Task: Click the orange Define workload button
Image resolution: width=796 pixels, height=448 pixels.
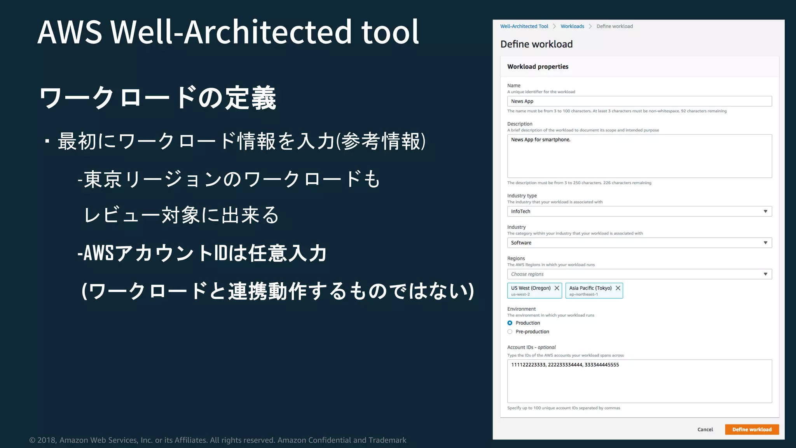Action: pyautogui.click(x=752, y=429)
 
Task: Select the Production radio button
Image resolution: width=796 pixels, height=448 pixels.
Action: pyautogui.click(x=510, y=323)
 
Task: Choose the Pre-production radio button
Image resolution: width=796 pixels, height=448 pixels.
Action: pyautogui.click(x=510, y=332)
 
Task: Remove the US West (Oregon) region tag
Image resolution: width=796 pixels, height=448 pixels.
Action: pyautogui.click(x=557, y=288)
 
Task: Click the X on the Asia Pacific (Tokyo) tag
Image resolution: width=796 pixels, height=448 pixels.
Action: pyautogui.click(x=618, y=288)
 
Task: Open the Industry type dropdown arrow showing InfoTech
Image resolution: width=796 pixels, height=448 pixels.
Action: pyautogui.click(x=765, y=211)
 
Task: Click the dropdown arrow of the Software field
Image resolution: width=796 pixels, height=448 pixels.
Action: pyautogui.click(x=765, y=243)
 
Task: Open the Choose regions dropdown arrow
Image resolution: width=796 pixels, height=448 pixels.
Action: pyautogui.click(x=765, y=274)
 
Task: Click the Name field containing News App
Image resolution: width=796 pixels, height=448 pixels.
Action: pyautogui.click(x=639, y=101)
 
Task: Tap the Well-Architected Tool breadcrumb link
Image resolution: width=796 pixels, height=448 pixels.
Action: pyautogui.click(x=524, y=26)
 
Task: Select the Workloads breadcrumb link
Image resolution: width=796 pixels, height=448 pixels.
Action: pyautogui.click(x=572, y=26)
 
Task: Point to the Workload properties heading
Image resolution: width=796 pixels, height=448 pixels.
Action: pyautogui.click(x=538, y=66)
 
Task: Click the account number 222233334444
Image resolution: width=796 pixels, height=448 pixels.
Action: pyautogui.click(x=565, y=365)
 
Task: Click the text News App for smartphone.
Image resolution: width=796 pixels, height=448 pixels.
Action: pyautogui.click(x=541, y=140)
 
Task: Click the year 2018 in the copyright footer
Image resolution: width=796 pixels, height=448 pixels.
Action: pyautogui.click(x=46, y=440)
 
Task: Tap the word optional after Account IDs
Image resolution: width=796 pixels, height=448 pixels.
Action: pyautogui.click(x=546, y=347)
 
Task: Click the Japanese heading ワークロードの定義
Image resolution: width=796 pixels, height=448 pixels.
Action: pyautogui.click(x=157, y=98)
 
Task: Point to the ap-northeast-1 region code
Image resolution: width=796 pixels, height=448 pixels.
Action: pyautogui.click(x=583, y=294)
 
